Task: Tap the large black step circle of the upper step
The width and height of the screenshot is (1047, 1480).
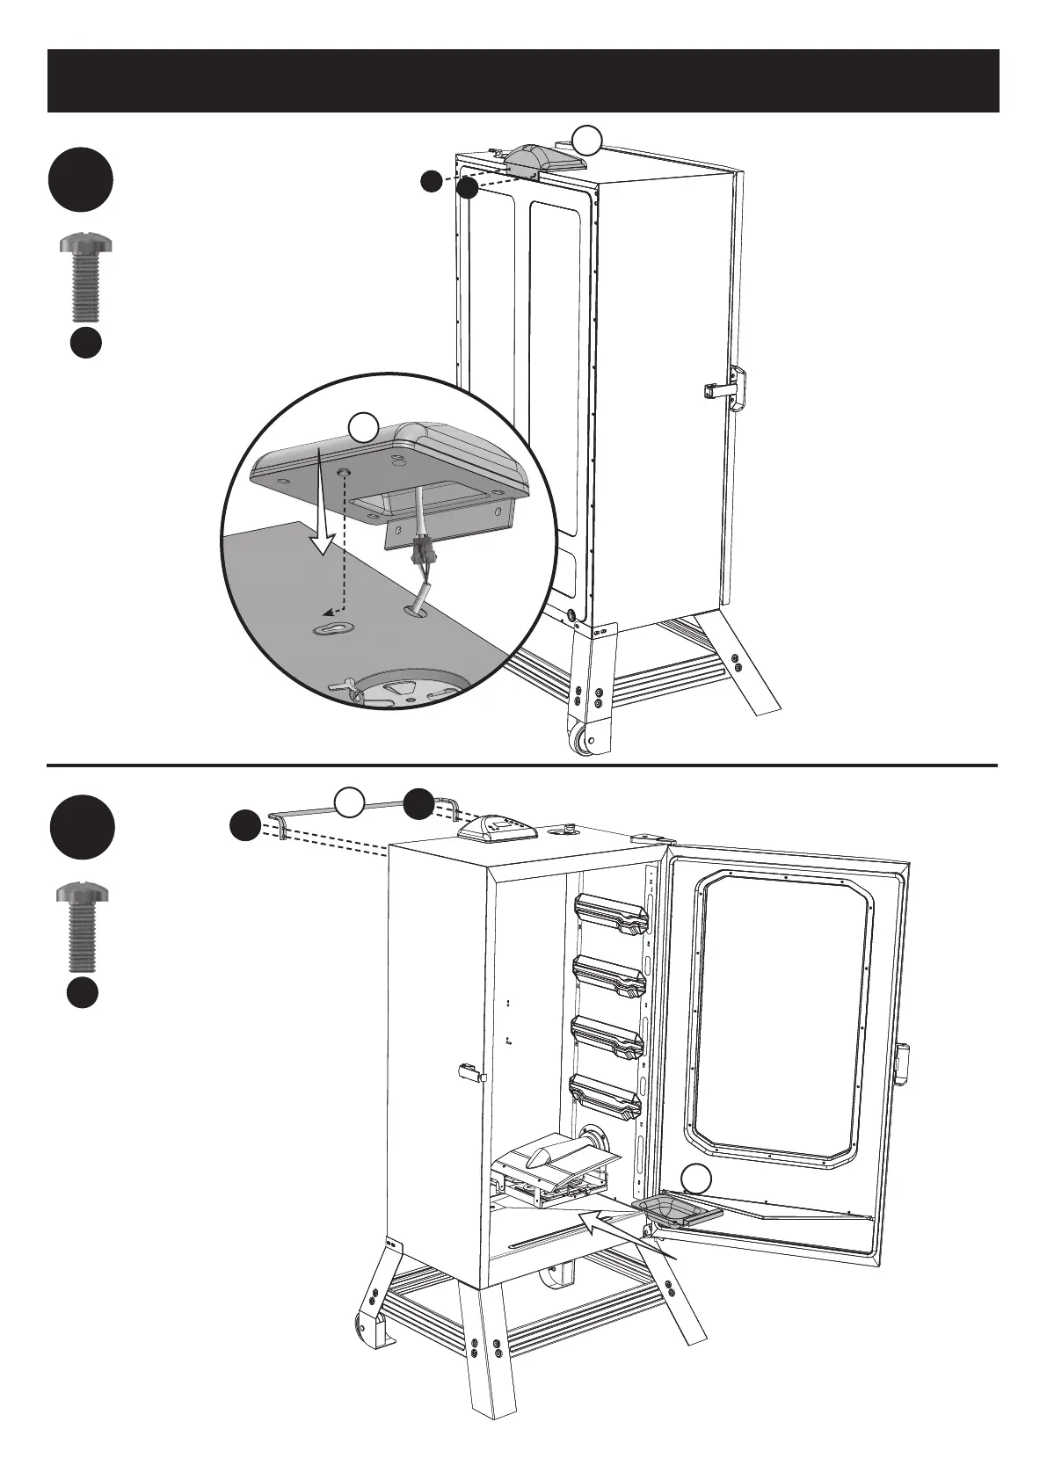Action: coord(81,180)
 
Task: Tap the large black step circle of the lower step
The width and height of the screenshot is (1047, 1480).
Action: coord(81,826)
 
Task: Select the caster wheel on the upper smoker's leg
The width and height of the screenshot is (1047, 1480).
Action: coord(585,740)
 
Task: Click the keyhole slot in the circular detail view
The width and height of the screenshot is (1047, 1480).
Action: coord(332,628)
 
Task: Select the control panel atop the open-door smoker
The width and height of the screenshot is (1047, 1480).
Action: coord(496,828)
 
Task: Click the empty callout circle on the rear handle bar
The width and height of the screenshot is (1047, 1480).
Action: coord(350,800)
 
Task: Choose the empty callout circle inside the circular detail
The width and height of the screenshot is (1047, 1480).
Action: coord(363,428)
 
